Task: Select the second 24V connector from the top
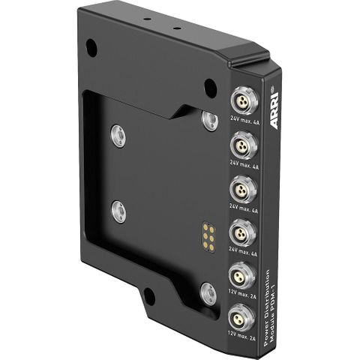(244, 143)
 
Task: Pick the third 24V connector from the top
(244, 187)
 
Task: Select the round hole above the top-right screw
(211, 85)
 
